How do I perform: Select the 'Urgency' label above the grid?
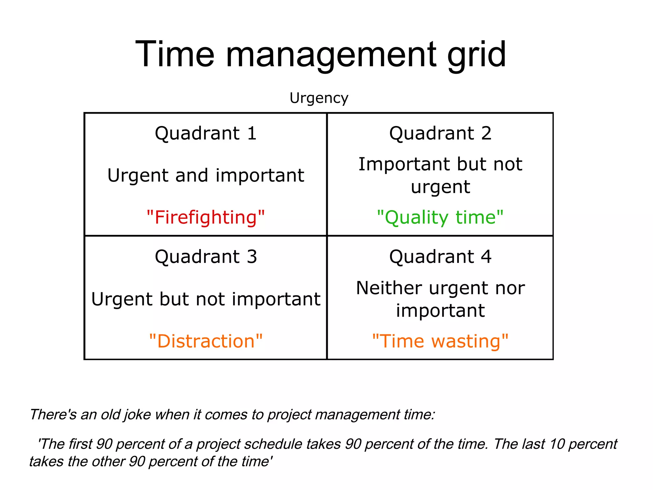(x=319, y=98)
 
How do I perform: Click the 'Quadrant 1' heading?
(x=206, y=133)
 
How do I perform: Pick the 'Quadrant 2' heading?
(x=440, y=133)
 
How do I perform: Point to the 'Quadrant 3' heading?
(x=206, y=256)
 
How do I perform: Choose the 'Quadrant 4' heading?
(x=440, y=256)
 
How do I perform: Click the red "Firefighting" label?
(x=206, y=217)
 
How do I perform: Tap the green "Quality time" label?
(x=440, y=217)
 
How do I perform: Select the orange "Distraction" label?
(x=206, y=341)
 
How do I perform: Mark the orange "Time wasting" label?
(x=440, y=341)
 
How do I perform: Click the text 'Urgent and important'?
(x=206, y=175)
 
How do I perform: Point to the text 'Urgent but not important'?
(x=206, y=299)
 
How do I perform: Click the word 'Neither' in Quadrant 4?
(x=389, y=288)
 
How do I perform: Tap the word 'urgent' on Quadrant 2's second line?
(x=440, y=187)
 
